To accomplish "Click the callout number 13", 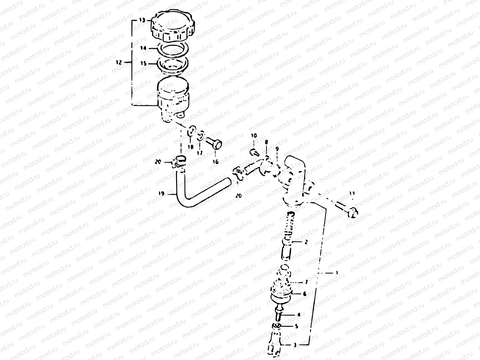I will pyautogui.click(x=141, y=20).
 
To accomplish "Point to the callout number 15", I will pyautogui.click(x=143, y=64).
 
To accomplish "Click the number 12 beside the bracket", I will pyautogui.click(x=119, y=62).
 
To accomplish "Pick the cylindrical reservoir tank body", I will pyautogui.click(x=173, y=96).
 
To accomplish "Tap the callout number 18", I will pyautogui.click(x=191, y=147).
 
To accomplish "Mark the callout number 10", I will pyautogui.click(x=254, y=136).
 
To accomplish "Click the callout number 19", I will pyautogui.click(x=161, y=194).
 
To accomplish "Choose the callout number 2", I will pyautogui.click(x=306, y=242).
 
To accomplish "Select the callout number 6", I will pyautogui.click(x=304, y=294).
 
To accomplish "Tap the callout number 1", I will pyautogui.click(x=337, y=273).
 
